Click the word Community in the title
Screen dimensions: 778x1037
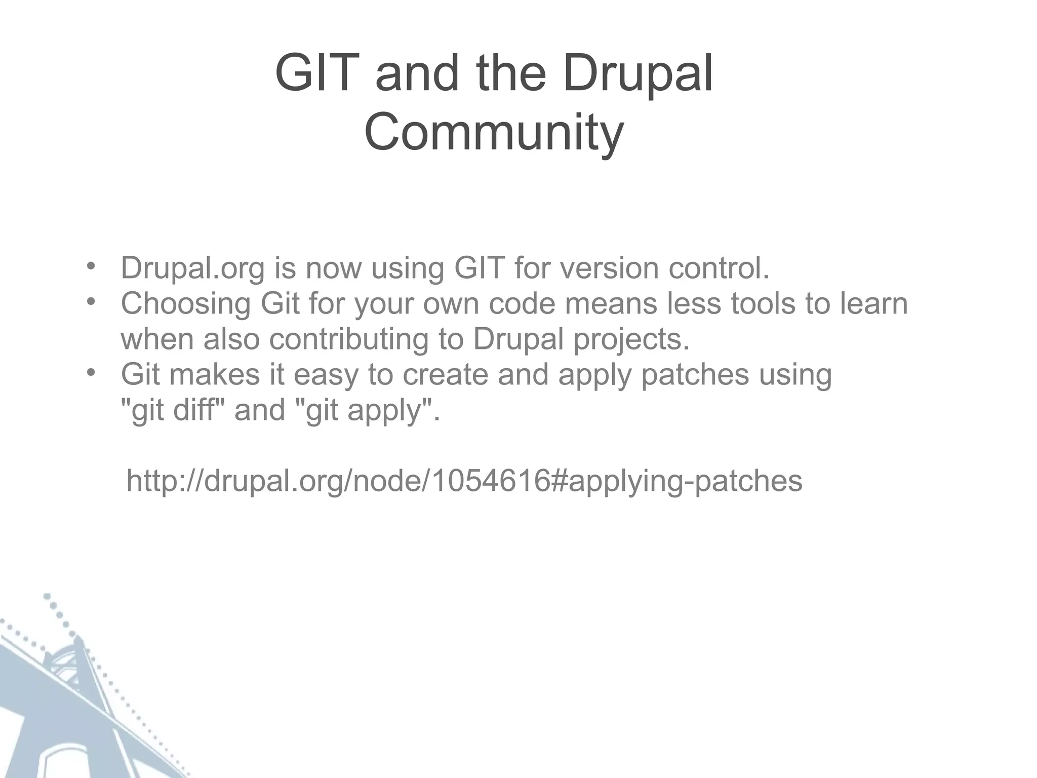tap(494, 133)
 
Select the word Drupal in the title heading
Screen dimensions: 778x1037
tap(637, 74)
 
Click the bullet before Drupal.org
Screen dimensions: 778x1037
tap(91, 266)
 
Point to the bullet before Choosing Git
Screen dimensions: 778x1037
tap(91, 301)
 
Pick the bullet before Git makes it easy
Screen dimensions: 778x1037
tap(91, 372)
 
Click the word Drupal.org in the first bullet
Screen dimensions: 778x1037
tap(192, 268)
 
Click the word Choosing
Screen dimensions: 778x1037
tap(185, 304)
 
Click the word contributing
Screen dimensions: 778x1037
tap(349, 339)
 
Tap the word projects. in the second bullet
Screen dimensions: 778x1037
tap(631, 339)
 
